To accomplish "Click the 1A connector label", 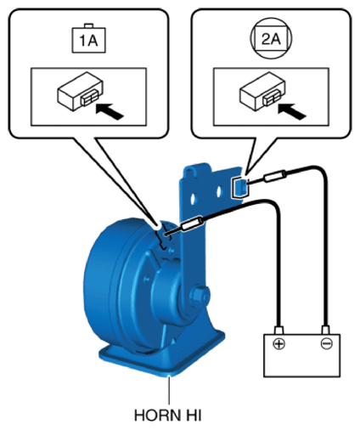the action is point(89,40).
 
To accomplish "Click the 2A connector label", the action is point(271,38).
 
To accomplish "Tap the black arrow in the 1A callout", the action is point(110,111).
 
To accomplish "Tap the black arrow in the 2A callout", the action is point(292,111).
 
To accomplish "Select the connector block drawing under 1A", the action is point(81,91).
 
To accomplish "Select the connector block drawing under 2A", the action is point(262,91).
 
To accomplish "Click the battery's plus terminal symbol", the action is point(279,343).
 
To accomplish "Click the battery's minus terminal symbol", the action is point(326,343).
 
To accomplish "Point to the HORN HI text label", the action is point(168,416).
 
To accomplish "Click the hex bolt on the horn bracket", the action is point(200,296).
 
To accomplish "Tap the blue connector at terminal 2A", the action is point(239,188).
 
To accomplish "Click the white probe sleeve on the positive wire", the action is point(192,223).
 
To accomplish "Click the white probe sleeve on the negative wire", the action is point(274,176).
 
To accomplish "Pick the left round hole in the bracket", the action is point(194,198).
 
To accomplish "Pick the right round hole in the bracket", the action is point(219,192).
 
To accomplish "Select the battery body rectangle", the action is point(302,355).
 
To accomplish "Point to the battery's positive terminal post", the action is point(279,330).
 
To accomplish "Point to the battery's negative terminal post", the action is point(326,330).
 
